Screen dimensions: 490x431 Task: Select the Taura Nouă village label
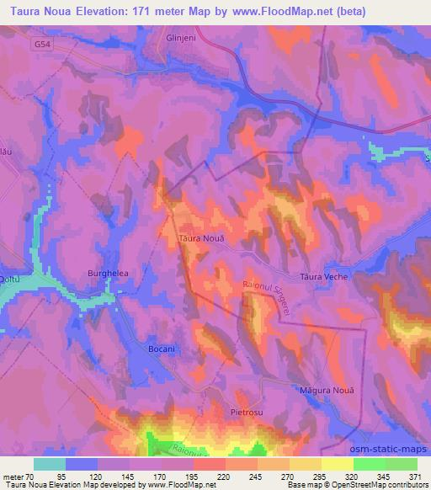click(200, 239)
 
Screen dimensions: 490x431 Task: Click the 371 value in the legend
click(416, 476)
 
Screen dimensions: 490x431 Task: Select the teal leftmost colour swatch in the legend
click(50, 464)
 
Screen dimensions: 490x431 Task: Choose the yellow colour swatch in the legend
click(337, 464)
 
